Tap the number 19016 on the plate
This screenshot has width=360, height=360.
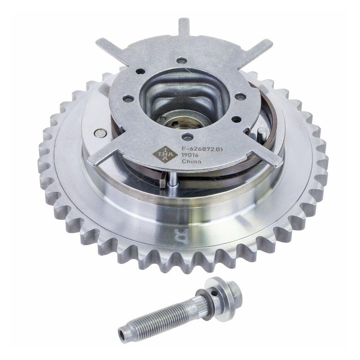pos(191,155)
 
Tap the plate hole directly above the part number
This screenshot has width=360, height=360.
pos(187,137)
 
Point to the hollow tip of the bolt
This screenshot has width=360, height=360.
pos(124,335)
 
